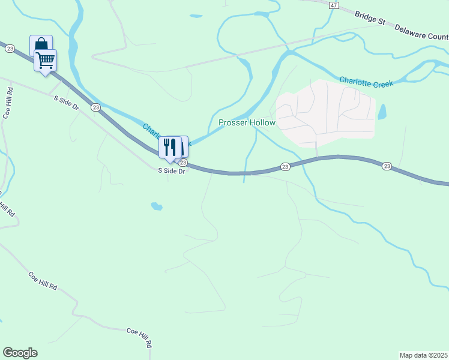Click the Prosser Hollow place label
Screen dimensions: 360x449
coord(247,123)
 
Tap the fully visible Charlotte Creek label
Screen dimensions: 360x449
coord(366,82)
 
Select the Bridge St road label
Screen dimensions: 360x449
coord(369,19)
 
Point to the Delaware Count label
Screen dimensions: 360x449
coord(421,35)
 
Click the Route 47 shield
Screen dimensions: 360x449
coord(333,5)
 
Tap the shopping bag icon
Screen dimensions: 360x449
coord(41,45)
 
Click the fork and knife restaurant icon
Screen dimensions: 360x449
coord(170,146)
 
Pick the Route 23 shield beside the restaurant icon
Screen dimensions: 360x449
coord(184,163)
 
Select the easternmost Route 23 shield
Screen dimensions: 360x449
coord(387,166)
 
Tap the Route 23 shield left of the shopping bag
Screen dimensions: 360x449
coord(10,49)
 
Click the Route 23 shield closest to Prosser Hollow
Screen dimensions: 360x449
coord(285,166)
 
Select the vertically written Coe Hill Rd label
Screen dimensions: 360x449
coord(8,105)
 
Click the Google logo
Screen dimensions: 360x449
coord(20,353)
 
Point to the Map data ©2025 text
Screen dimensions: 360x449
coord(423,355)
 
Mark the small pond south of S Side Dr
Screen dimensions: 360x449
coord(157,206)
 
